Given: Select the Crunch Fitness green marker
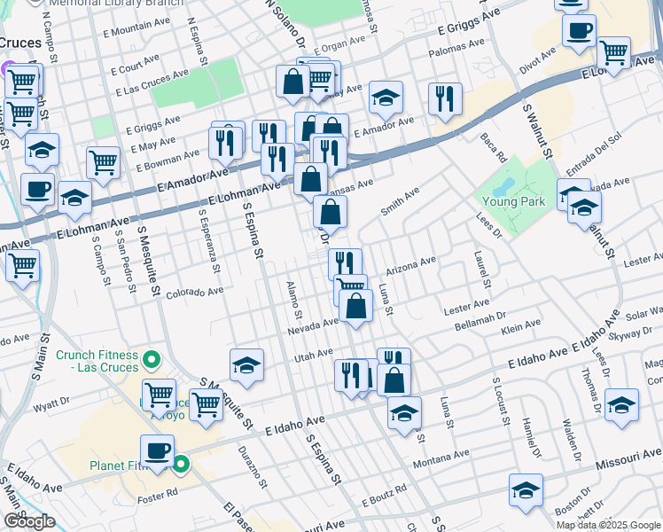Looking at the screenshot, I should click(152, 360).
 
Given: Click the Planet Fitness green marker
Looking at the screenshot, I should click(182, 464).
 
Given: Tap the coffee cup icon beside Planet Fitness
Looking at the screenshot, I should click(157, 450).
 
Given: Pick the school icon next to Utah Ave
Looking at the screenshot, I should click(246, 364).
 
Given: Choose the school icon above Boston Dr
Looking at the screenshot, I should click(526, 490).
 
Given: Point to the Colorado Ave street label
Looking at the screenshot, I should click(194, 292).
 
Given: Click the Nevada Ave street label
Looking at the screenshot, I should click(313, 328).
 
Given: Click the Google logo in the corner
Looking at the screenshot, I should click(28, 520).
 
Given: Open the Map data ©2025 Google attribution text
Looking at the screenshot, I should click(607, 525).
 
